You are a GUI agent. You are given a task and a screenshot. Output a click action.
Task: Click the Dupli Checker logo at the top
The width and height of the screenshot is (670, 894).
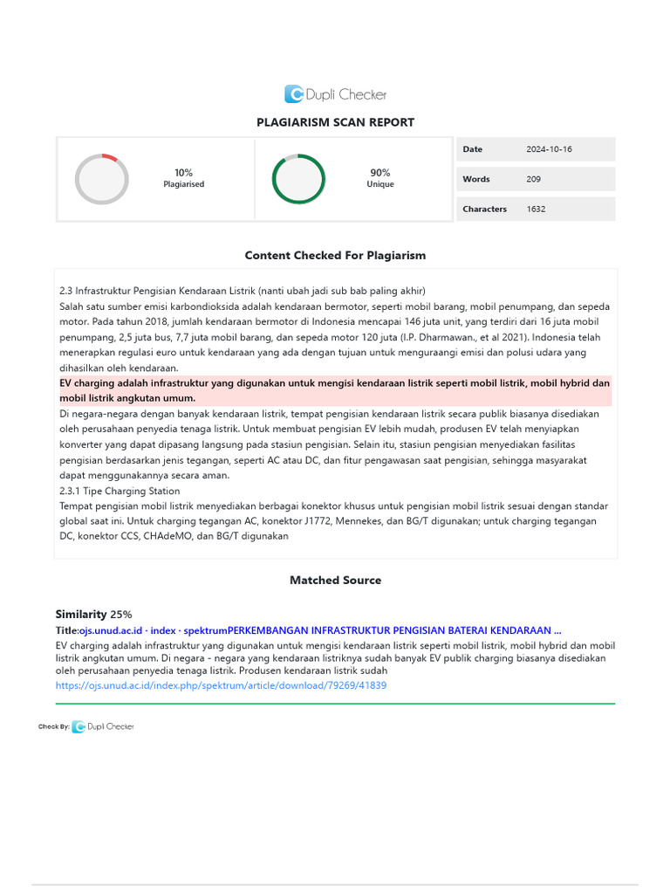click(x=335, y=94)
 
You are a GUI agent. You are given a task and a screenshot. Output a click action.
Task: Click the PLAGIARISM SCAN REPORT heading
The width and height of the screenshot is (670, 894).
click(x=335, y=122)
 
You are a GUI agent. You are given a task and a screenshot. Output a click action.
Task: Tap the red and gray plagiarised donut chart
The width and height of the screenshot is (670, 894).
click(x=102, y=179)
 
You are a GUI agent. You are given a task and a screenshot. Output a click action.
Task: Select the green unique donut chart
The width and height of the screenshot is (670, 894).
click(x=298, y=179)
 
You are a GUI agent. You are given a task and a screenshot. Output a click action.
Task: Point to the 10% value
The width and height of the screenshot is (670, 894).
click(x=183, y=173)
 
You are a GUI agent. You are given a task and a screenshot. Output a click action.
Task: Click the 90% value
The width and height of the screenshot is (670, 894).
click(x=379, y=173)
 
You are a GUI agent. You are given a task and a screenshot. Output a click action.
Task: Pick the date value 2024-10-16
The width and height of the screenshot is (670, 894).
click(x=549, y=149)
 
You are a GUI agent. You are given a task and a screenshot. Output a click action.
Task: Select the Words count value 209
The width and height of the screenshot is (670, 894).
click(x=533, y=179)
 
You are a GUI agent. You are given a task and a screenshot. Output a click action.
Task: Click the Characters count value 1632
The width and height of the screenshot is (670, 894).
click(x=536, y=209)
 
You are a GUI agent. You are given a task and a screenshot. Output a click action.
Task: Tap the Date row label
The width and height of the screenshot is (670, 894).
click(x=472, y=149)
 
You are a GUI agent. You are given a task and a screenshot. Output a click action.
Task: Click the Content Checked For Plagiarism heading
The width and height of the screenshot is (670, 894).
click(x=335, y=256)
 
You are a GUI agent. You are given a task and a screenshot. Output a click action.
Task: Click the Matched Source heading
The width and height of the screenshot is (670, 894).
click(x=335, y=580)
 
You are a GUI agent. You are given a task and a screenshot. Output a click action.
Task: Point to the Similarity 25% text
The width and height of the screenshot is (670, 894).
click(x=94, y=615)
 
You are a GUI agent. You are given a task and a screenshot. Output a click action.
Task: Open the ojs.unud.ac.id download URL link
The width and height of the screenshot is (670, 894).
click(x=221, y=686)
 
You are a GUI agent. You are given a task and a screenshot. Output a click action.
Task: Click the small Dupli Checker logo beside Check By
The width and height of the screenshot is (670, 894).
click(x=103, y=726)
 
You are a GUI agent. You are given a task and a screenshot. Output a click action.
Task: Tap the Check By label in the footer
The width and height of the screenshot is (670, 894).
click(x=53, y=726)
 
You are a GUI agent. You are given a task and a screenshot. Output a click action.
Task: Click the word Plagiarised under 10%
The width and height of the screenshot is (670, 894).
click(x=183, y=185)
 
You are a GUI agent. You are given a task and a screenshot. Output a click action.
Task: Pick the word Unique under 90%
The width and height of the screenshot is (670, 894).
click(x=379, y=185)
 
